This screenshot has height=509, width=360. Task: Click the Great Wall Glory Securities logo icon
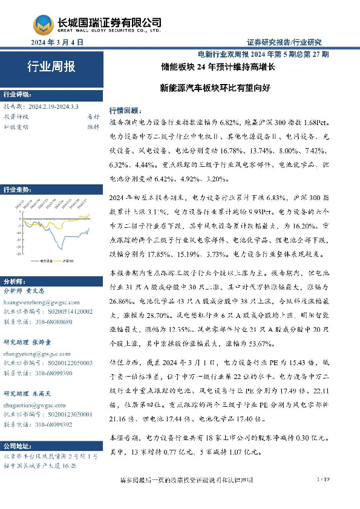(x=42, y=24)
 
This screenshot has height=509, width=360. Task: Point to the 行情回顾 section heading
(x=124, y=110)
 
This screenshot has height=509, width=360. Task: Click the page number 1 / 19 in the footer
(x=322, y=479)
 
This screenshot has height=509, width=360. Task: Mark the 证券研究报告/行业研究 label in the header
(x=284, y=42)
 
